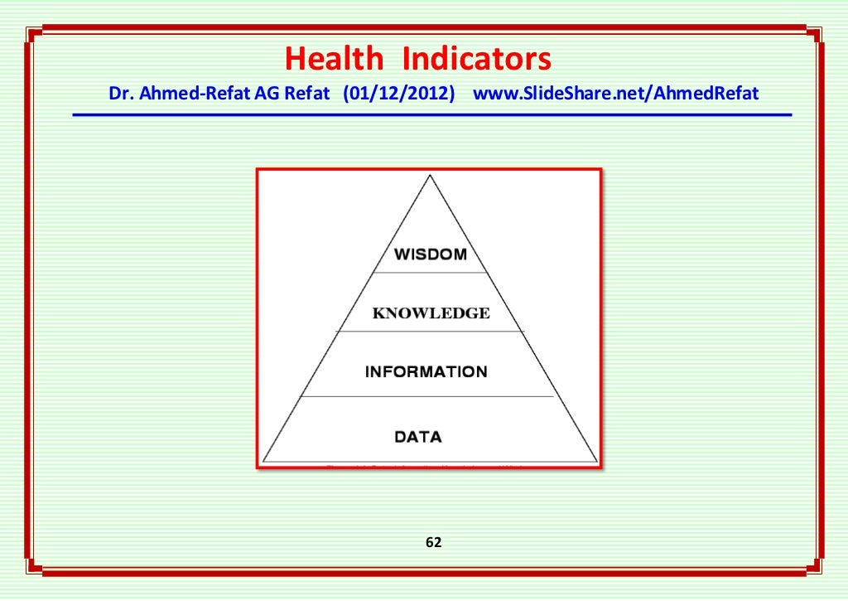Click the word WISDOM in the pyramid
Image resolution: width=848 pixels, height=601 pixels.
[x=430, y=254]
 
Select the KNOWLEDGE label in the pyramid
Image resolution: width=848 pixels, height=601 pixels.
[x=431, y=313]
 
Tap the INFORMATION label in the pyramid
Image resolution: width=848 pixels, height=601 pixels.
[x=426, y=371]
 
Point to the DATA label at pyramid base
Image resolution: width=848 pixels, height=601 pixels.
[x=418, y=436]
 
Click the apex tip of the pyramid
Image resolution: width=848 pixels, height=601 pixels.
[x=431, y=176]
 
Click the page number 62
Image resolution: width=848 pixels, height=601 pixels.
[x=433, y=543]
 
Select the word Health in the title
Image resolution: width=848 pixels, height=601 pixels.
[x=334, y=60]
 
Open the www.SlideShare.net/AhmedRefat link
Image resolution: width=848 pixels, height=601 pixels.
[x=615, y=93]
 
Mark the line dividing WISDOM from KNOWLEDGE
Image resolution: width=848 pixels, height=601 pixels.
[x=430, y=272]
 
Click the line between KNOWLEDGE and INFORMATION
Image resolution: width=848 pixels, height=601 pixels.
[x=430, y=331]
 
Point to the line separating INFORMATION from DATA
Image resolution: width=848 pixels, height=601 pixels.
[x=426, y=396]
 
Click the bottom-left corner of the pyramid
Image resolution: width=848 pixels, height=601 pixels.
[x=264, y=460]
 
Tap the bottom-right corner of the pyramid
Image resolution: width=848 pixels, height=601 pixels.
[x=596, y=460]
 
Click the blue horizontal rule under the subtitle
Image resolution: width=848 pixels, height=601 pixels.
[x=431, y=114]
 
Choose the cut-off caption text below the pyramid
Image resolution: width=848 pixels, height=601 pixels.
[x=422, y=467]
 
